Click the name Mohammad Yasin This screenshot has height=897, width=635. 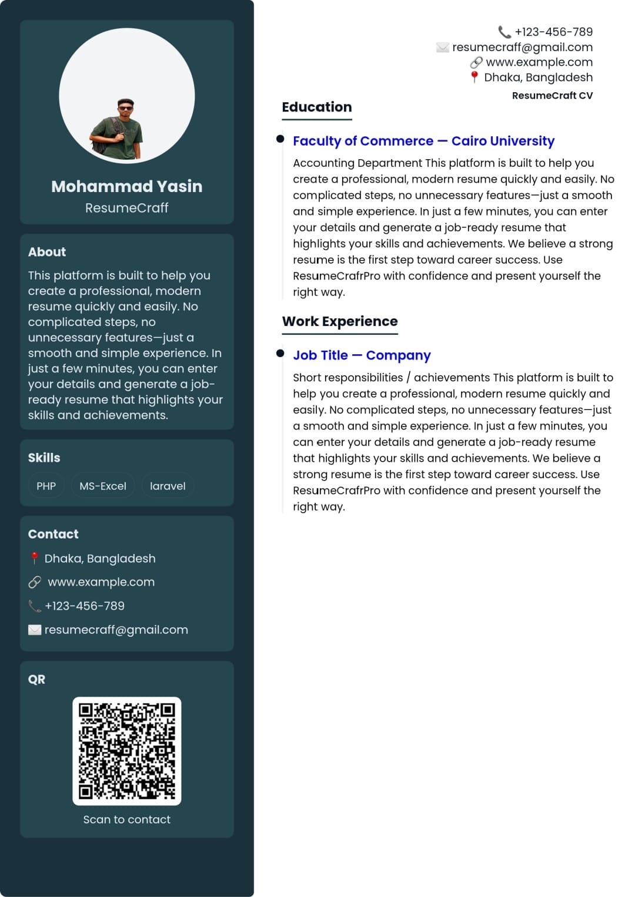(x=126, y=186)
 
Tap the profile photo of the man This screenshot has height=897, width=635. (x=117, y=129)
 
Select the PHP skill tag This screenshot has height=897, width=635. (x=46, y=486)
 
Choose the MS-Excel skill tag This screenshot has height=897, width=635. (x=103, y=486)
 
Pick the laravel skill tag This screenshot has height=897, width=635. (x=168, y=486)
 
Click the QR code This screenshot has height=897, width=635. (x=127, y=751)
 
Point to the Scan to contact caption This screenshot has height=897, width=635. (x=127, y=819)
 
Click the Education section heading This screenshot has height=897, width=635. (x=316, y=107)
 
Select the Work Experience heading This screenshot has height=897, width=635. (x=340, y=321)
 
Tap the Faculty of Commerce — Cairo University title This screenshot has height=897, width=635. (x=423, y=141)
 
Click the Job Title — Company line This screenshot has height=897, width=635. (x=362, y=355)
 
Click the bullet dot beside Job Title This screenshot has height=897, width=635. (x=280, y=353)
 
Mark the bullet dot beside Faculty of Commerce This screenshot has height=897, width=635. (x=280, y=139)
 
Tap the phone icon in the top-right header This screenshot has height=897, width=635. (x=504, y=32)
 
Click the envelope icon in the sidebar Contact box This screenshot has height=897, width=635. (x=35, y=630)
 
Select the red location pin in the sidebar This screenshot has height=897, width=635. (x=35, y=558)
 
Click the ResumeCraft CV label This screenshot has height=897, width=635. (x=552, y=96)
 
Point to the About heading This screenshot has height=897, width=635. (x=47, y=252)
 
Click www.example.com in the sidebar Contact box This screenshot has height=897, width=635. (x=101, y=582)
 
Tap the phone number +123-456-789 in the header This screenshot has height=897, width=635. (x=553, y=32)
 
